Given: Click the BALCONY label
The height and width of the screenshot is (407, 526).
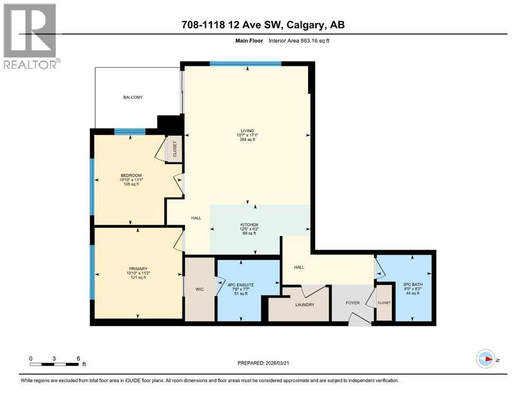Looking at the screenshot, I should [x=133, y=98].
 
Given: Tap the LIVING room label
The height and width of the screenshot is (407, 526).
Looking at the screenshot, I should [x=246, y=131].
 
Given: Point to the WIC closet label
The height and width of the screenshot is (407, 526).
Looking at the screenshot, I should [x=200, y=289].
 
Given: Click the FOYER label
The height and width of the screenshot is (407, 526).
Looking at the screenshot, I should [x=352, y=303].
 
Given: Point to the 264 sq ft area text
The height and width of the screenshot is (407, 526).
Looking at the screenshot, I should [x=246, y=140].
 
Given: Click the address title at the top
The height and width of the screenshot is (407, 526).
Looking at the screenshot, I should [x=263, y=25].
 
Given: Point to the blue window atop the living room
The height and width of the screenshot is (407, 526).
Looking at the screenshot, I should [x=245, y=64].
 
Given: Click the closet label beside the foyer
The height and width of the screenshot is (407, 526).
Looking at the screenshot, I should [x=384, y=303].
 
